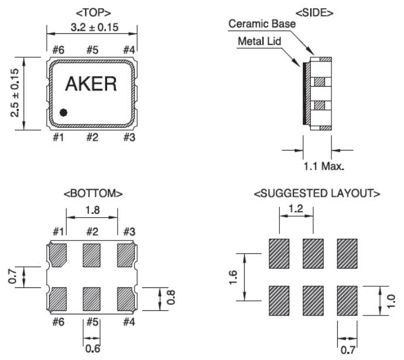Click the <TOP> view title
(x=92, y=11)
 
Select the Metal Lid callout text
(x=262, y=42)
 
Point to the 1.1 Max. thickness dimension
(x=323, y=166)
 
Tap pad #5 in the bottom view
(x=92, y=299)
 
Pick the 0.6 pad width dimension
(x=91, y=349)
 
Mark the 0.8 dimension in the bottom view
(x=170, y=299)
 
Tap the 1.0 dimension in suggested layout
(x=392, y=300)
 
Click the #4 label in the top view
(x=129, y=49)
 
